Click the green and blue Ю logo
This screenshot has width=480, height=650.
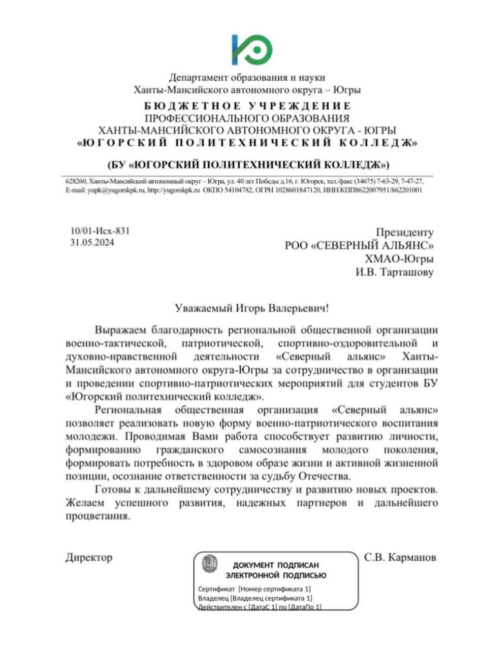(x=251, y=49)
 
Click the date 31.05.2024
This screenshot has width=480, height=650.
(x=92, y=243)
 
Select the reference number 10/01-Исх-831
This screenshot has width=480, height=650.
(x=100, y=231)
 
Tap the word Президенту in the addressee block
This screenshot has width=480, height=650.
(x=404, y=233)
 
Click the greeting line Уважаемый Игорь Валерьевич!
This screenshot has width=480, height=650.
(x=248, y=308)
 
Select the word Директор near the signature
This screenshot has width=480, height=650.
(x=89, y=558)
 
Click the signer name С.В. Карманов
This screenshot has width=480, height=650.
(x=400, y=558)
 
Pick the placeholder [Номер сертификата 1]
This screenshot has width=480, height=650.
(x=274, y=589)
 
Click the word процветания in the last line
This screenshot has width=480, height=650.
(x=95, y=517)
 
